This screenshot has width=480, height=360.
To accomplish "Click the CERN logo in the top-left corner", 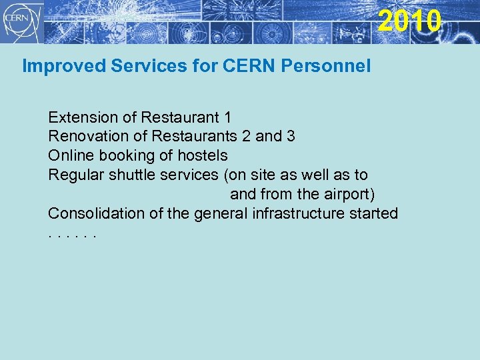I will (x=22, y=21).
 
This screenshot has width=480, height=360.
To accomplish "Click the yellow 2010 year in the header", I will (x=409, y=21).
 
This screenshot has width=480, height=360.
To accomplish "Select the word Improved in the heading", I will (x=53, y=66).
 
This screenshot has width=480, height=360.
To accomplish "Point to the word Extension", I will (x=83, y=118).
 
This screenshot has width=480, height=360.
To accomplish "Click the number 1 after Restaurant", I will (x=228, y=118).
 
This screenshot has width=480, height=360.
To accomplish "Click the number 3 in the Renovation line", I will (x=291, y=137).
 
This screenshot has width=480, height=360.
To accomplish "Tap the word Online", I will (x=69, y=156).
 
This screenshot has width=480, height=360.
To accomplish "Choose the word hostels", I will (x=203, y=156).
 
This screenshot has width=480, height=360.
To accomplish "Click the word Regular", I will (x=75, y=175).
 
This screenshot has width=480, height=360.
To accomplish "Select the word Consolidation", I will (x=94, y=214).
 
